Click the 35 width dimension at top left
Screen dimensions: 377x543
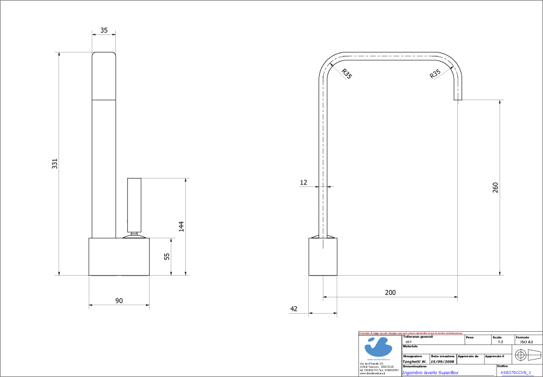(x=104, y=30)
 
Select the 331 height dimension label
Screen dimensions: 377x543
(x=54, y=163)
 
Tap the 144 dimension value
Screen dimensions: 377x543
(x=181, y=226)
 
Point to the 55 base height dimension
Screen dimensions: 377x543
(x=167, y=256)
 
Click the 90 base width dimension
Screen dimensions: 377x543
(x=119, y=300)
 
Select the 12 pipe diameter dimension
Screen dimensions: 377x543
(x=303, y=182)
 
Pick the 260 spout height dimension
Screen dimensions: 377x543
(x=496, y=188)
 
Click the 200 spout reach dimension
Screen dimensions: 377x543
(x=390, y=292)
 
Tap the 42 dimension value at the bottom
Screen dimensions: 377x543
(x=294, y=309)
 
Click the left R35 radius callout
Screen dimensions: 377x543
(x=346, y=74)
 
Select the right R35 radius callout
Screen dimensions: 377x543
(x=435, y=74)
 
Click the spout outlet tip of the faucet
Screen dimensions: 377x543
(x=458, y=99)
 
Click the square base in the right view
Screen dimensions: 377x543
(x=323, y=256)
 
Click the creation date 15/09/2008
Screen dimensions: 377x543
(x=442, y=362)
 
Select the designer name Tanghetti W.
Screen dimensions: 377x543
(x=414, y=362)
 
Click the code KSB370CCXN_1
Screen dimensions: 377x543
(x=516, y=372)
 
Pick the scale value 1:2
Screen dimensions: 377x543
(x=500, y=342)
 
